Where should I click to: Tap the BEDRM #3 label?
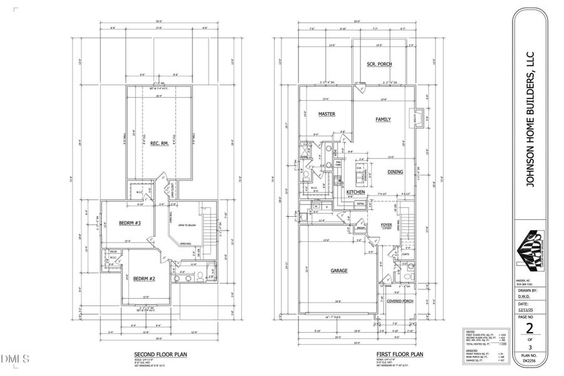pos(128,224)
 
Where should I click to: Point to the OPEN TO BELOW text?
pos(185,225)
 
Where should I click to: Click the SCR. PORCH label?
pos(379,65)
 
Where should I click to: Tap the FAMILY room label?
pos(383,119)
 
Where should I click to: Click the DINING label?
pos(395,172)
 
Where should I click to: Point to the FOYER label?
pos(385,224)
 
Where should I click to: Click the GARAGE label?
pos(338,271)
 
